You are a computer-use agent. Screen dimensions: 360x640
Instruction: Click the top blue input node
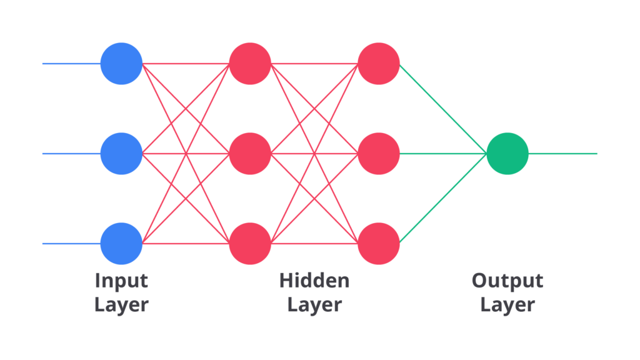pyautogui.click(x=121, y=63)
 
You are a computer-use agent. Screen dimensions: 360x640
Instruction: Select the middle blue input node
pyautogui.click(x=121, y=153)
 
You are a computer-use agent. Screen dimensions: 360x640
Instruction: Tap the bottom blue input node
pyautogui.click(x=121, y=243)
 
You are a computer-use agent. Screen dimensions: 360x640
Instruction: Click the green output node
pyautogui.click(x=507, y=153)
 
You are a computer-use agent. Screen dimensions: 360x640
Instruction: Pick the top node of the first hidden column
pyautogui.click(x=250, y=63)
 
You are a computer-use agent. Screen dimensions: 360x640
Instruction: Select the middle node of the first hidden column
pyautogui.click(x=250, y=153)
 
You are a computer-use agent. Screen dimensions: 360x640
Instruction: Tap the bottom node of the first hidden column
pyautogui.click(x=250, y=243)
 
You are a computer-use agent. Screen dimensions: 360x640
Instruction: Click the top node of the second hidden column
pyautogui.click(x=379, y=63)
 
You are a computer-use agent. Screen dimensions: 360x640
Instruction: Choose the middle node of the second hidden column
pyautogui.click(x=379, y=153)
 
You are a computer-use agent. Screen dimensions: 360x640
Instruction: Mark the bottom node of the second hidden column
pyautogui.click(x=379, y=243)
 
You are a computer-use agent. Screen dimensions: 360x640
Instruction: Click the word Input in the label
pyautogui.click(x=121, y=281)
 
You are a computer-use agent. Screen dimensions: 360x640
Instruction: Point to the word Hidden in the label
pyautogui.click(x=314, y=281)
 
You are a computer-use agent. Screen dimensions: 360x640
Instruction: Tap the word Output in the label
pyautogui.click(x=507, y=281)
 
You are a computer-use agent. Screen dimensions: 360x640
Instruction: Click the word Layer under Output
pyautogui.click(x=507, y=305)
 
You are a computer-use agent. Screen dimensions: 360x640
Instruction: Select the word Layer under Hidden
pyautogui.click(x=314, y=305)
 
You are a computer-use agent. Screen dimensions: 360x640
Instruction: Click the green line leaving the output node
pyautogui.click(x=562, y=153)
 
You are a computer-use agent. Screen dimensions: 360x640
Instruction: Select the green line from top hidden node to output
pyautogui.click(x=442, y=107)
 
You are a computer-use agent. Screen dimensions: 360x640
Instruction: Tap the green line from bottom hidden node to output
pyautogui.click(x=442, y=199)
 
